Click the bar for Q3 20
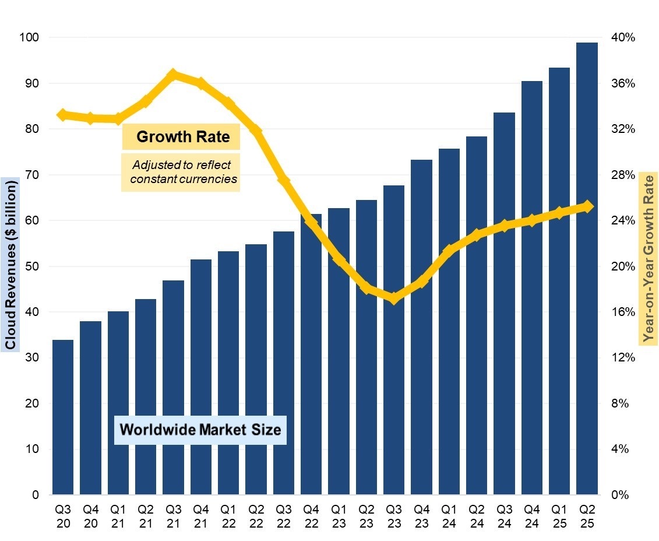[x=63, y=417]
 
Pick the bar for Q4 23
[x=421, y=326]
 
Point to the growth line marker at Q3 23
[x=394, y=298]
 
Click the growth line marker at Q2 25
[x=587, y=206]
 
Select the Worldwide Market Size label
[x=200, y=430]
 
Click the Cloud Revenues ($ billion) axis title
[x=10, y=264]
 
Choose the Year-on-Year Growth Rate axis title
[x=647, y=258]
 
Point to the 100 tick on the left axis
[x=29, y=37]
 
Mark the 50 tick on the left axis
[x=31, y=266]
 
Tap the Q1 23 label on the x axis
[x=339, y=515]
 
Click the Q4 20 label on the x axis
[x=90, y=515]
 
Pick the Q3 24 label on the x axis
[x=504, y=515]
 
